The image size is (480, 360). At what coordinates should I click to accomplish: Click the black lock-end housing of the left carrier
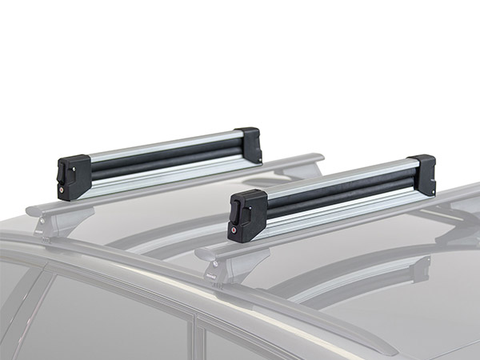tap(73, 176)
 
